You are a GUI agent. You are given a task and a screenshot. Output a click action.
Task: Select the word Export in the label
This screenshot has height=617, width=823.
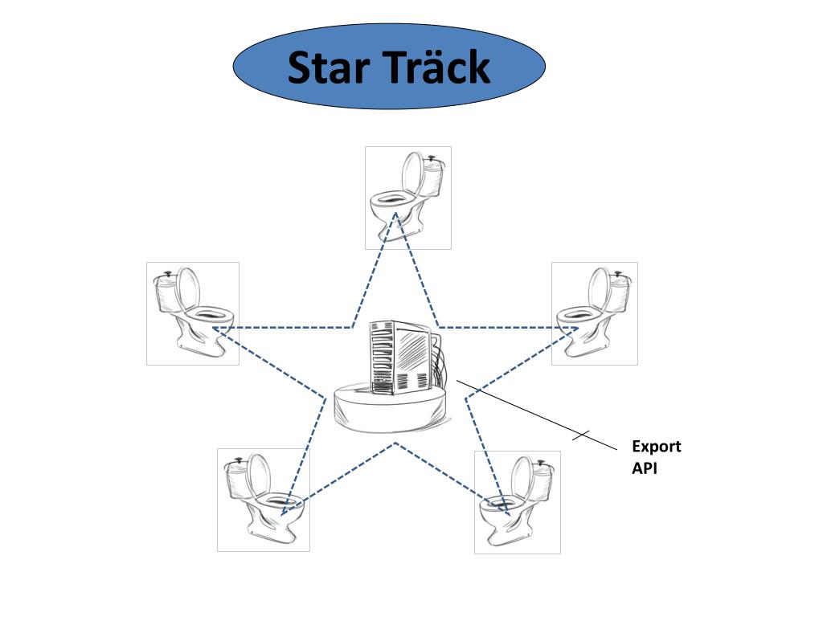click(x=656, y=447)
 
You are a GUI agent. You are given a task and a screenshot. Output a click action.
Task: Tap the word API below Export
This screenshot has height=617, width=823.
click(x=644, y=468)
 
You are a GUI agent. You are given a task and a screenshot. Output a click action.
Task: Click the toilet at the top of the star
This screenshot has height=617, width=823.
click(x=407, y=198)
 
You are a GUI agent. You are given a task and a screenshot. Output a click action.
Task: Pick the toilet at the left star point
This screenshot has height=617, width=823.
click(x=193, y=313)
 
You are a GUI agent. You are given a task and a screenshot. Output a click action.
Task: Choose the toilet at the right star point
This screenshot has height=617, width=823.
click(x=594, y=313)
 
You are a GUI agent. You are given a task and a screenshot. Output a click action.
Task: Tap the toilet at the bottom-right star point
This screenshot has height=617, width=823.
click(x=517, y=502)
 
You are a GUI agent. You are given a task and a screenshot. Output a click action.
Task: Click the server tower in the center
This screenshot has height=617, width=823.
click(x=399, y=358)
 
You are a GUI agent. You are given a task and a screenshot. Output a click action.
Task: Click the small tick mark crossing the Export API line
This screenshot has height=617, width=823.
click(x=581, y=435)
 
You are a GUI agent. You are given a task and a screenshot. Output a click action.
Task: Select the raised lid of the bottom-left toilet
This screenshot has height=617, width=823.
click(x=259, y=476)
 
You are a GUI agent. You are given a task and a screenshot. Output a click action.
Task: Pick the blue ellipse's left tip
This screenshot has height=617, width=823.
click(x=235, y=67)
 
